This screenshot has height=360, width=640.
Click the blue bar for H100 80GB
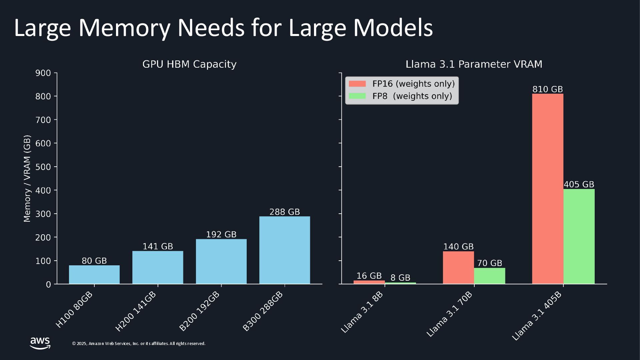click(x=94, y=275)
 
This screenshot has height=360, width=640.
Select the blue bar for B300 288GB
click(x=284, y=250)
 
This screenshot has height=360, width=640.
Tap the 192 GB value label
click(x=221, y=235)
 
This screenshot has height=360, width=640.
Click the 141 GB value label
click(x=158, y=247)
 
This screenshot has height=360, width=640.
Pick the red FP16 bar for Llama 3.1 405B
click(x=547, y=189)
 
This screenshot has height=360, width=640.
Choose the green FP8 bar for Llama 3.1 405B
click(x=579, y=236)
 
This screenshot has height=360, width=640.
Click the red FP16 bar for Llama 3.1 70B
click(x=458, y=267)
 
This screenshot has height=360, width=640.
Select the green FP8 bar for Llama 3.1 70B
click(x=489, y=276)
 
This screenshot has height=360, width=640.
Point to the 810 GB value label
click(x=547, y=89)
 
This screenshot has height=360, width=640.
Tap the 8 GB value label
click(x=400, y=278)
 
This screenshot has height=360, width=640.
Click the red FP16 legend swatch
click(x=357, y=84)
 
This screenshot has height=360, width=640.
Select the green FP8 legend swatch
click(x=357, y=96)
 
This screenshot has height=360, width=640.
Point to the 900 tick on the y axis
click(x=43, y=73)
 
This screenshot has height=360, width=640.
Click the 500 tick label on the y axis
click(x=43, y=167)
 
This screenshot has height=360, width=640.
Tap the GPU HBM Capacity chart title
click(x=189, y=64)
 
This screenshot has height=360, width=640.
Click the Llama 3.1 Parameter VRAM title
click(x=474, y=64)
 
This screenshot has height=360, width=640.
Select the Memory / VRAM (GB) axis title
click(x=27, y=178)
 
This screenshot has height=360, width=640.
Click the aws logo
click(x=40, y=343)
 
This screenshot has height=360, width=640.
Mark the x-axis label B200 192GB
click(x=199, y=311)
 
